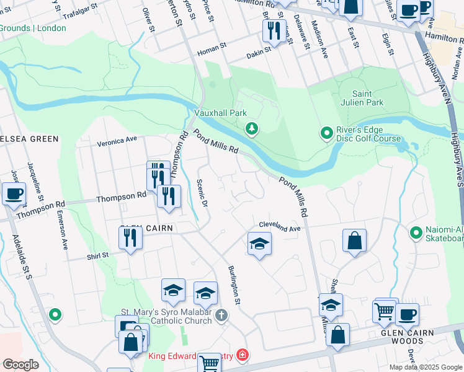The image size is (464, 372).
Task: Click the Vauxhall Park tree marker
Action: tap(252, 129)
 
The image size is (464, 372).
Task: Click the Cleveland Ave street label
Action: tap(280, 228)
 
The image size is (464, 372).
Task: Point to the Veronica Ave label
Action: tap(117, 142)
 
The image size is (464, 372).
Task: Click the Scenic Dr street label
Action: tap(200, 193)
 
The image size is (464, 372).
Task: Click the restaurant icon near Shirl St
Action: tap(130, 237)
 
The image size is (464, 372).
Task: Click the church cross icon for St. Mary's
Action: tap(221, 316)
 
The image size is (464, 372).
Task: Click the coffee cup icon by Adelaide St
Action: tap(14, 193)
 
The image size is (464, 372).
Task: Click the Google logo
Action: tap(20, 365)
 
